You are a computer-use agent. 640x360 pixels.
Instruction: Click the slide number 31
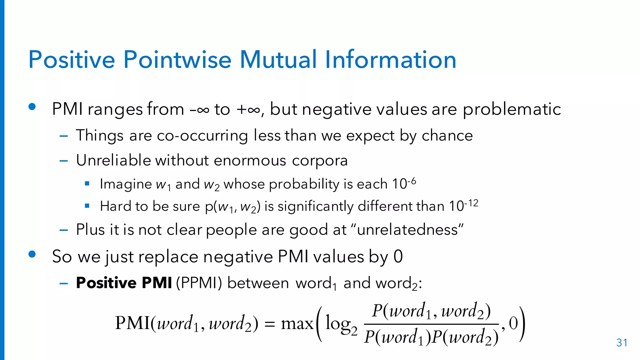(x=622, y=343)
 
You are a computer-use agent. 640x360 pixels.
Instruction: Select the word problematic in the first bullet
(x=512, y=109)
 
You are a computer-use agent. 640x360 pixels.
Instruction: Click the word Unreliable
(x=113, y=160)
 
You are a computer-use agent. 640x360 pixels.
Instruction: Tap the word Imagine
(x=126, y=184)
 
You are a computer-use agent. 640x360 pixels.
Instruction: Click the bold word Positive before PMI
(x=106, y=283)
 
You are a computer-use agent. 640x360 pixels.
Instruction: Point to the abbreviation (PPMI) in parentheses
(x=199, y=283)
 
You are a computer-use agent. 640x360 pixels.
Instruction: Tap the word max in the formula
(x=297, y=323)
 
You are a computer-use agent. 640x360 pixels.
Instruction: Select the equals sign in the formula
(x=269, y=324)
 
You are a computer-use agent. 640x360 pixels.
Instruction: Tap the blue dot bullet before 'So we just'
(x=32, y=254)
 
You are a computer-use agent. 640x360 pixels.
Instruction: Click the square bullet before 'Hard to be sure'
(x=87, y=206)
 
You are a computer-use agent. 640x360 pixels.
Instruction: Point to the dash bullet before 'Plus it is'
(x=64, y=230)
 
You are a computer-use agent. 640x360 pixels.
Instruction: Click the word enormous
(x=250, y=160)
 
